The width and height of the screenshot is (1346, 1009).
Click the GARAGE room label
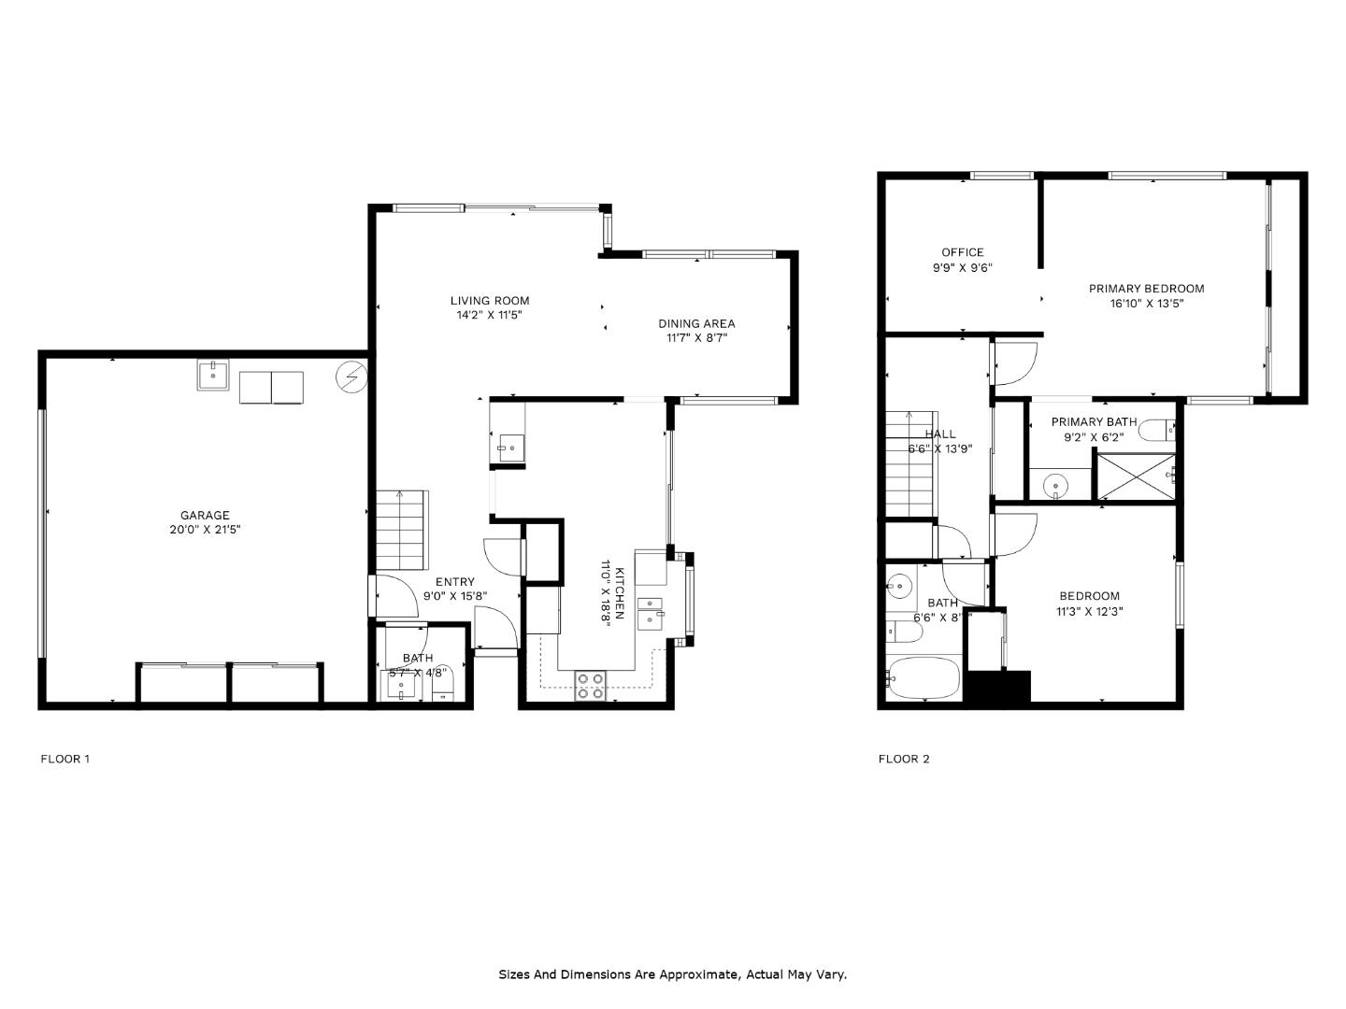[205, 515]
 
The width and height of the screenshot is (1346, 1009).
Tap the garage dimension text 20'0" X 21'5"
[205, 530]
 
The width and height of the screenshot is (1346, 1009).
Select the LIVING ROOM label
[490, 300]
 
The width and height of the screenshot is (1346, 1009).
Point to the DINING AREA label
[696, 323]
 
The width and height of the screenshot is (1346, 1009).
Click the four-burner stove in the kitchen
[590, 685]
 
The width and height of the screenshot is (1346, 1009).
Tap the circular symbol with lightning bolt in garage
[352, 377]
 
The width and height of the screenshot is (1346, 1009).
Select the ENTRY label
[454, 581]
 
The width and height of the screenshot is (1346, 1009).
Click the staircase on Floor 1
[400, 530]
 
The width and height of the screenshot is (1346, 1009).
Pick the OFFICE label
[962, 252]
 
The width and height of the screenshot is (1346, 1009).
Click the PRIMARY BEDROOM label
[1146, 289]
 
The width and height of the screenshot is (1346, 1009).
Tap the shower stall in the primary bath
[1135, 477]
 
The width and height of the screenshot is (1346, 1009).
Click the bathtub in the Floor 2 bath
[924, 677]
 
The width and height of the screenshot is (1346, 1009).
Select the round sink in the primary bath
[1055, 484]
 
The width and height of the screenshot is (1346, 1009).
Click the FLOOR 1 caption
[64, 759]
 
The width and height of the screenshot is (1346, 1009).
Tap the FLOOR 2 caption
[904, 759]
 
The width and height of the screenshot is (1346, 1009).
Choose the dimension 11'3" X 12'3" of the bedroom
[1089, 612]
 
